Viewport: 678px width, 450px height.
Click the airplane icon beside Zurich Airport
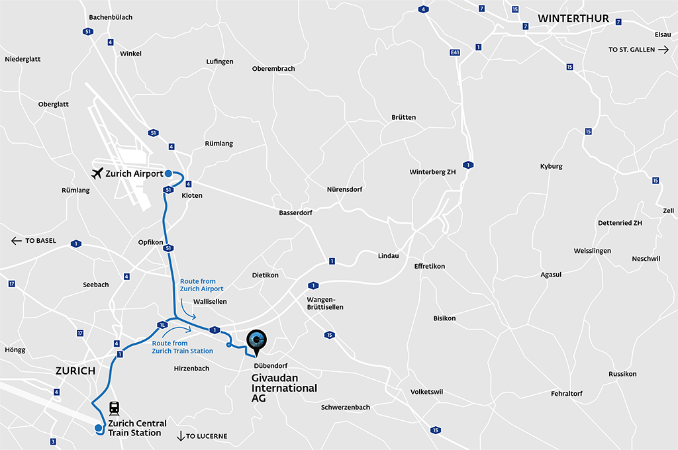pos(97,173)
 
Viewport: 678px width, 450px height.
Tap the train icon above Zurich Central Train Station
pos(114,408)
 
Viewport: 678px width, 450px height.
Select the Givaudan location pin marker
pos(257,341)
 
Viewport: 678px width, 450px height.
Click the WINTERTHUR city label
pos(573,19)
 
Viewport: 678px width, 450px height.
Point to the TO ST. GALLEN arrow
pos(663,50)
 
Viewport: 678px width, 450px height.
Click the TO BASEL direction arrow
pos(17,241)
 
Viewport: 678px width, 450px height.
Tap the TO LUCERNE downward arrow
pos(180,435)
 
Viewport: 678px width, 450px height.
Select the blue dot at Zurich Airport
pos(168,173)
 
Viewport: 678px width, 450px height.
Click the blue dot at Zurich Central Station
pos(98,427)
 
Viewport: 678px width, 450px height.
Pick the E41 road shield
pos(455,52)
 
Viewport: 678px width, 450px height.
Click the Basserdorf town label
pos(295,213)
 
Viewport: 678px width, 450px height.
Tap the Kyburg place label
pos(551,166)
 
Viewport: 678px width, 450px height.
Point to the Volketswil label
pos(426,392)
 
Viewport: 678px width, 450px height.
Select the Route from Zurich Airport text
pos(202,285)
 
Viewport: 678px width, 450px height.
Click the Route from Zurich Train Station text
pos(182,347)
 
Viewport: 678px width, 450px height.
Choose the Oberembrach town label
pos(273,69)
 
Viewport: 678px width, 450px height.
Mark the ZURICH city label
pos(76,371)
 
